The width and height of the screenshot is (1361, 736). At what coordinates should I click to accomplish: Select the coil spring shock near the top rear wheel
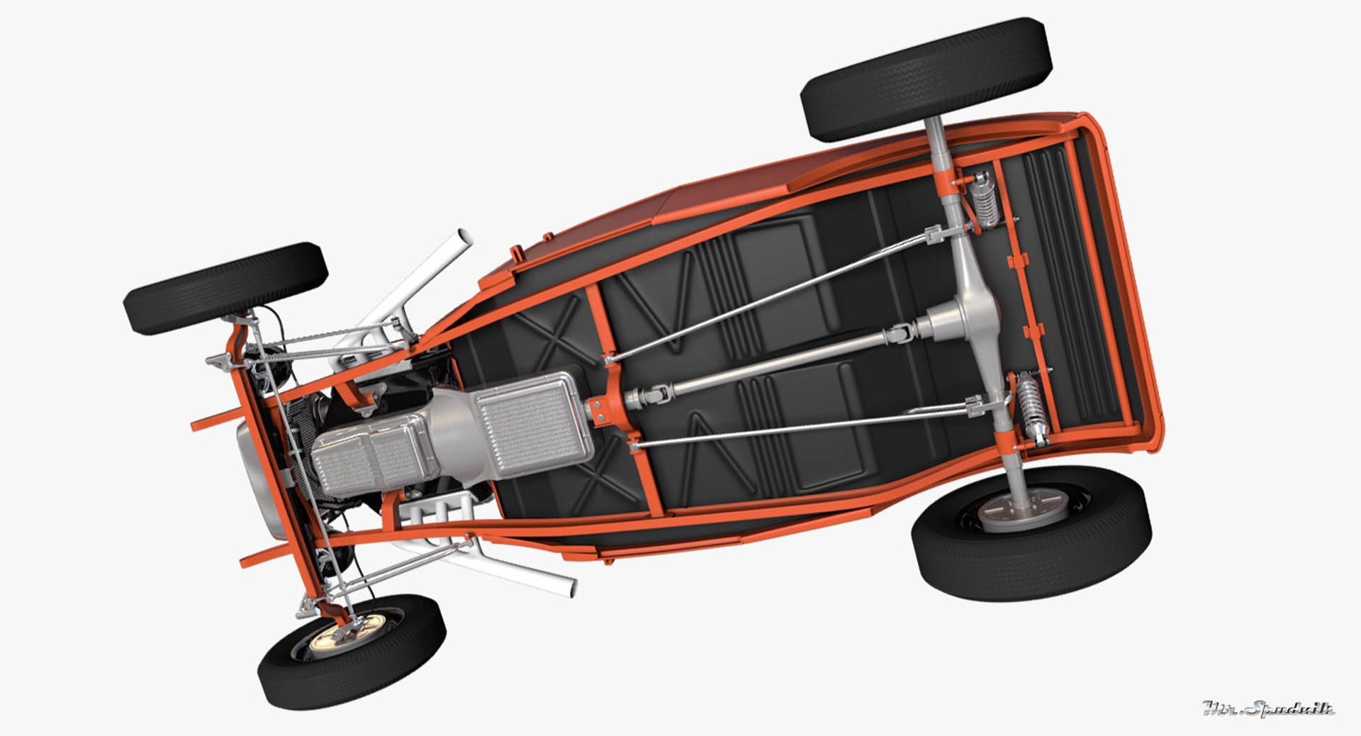point(982,198)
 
